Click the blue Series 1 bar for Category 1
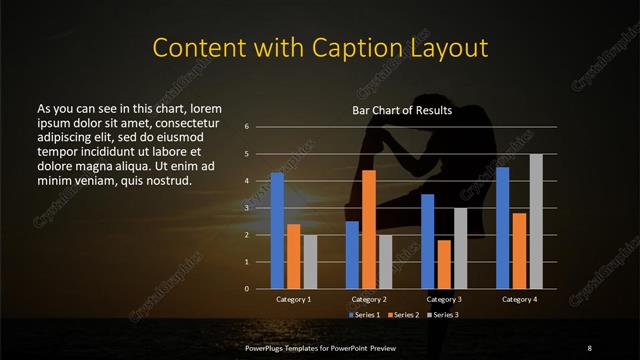point(277,231)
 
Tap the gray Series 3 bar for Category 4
point(536,221)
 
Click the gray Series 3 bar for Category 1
point(310,262)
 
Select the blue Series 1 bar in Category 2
point(352,255)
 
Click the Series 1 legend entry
point(364,314)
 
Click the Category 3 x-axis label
point(444,299)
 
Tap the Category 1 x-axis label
point(293,299)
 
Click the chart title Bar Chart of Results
point(403,110)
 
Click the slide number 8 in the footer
point(589,347)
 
